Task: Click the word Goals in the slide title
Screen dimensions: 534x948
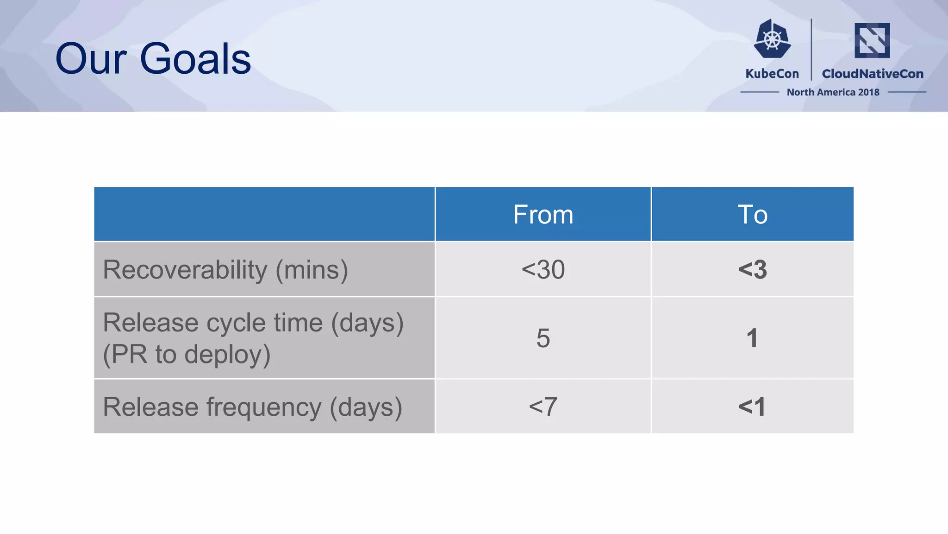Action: pyautogui.click(x=195, y=59)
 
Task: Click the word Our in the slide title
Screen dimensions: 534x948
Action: pyautogui.click(x=91, y=59)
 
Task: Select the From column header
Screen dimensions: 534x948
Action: pyautogui.click(x=543, y=215)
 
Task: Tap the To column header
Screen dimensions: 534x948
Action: pyautogui.click(x=752, y=215)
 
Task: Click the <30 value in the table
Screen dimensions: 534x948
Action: pyautogui.click(x=543, y=269)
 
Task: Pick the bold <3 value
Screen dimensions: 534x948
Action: pyautogui.click(x=752, y=269)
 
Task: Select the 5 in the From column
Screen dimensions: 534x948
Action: pyautogui.click(x=543, y=338)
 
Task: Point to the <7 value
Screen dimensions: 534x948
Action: pyautogui.click(x=543, y=407)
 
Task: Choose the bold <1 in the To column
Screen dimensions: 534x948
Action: pyautogui.click(x=752, y=407)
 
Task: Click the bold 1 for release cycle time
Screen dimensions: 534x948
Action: pyautogui.click(x=752, y=338)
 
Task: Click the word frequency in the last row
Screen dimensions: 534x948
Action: pyautogui.click(x=263, y=407)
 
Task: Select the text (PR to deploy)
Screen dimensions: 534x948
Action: pyautogui.click(x=187, y=354)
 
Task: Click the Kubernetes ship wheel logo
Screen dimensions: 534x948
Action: pyautogui.click(x=772, y=39)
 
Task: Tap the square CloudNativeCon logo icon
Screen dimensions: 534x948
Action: pyautogui.click(x=872, y=40)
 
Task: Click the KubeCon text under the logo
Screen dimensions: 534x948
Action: pyautogui.click(x=772, y=74)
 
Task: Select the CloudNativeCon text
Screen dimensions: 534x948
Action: pyautogui.click(x=872, y=74)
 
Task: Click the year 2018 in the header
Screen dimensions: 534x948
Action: pyautogui.click(x=868, y=92)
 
